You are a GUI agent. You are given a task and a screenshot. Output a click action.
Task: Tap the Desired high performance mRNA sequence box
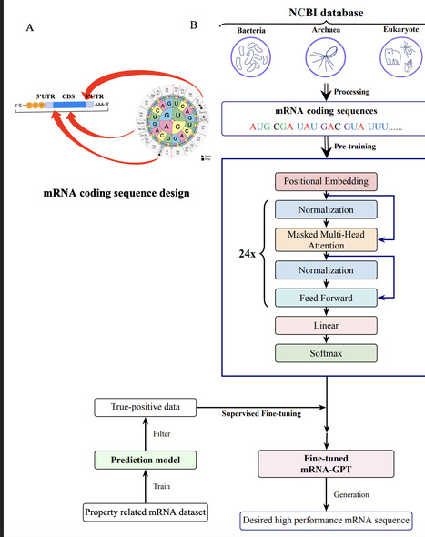pos(326,522)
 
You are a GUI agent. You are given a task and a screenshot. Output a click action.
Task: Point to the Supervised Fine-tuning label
pos(263,415)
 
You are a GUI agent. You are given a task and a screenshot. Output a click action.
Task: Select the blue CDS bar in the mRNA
pos(68,106)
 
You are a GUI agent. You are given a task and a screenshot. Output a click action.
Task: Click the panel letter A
pos(31,27)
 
